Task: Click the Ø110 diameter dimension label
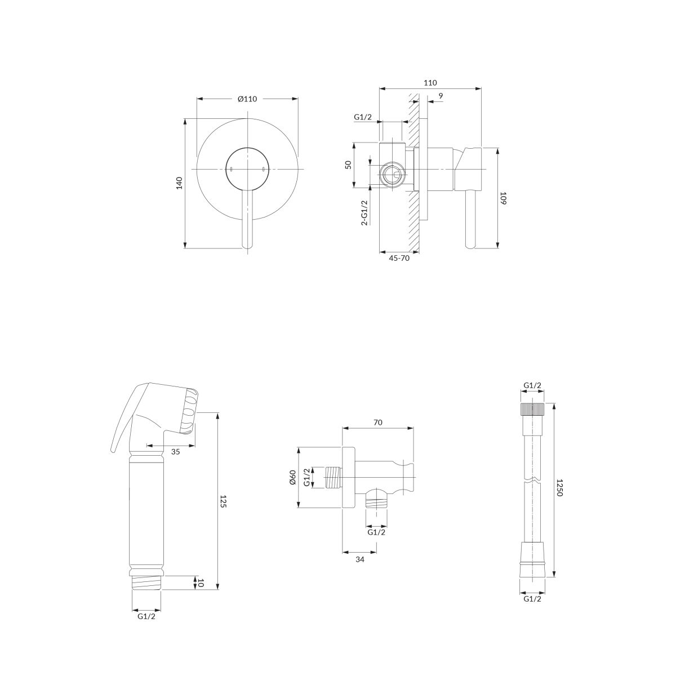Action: point(247,99)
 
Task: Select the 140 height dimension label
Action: point(179,183)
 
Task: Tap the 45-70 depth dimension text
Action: point(399,258)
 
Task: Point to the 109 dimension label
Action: point(504,198)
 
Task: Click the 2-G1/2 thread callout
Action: point(364,212)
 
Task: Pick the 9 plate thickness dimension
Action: point(441,95)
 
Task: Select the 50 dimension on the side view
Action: point(348,164)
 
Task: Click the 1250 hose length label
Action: point(559,488)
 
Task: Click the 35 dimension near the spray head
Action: point(175,452)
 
